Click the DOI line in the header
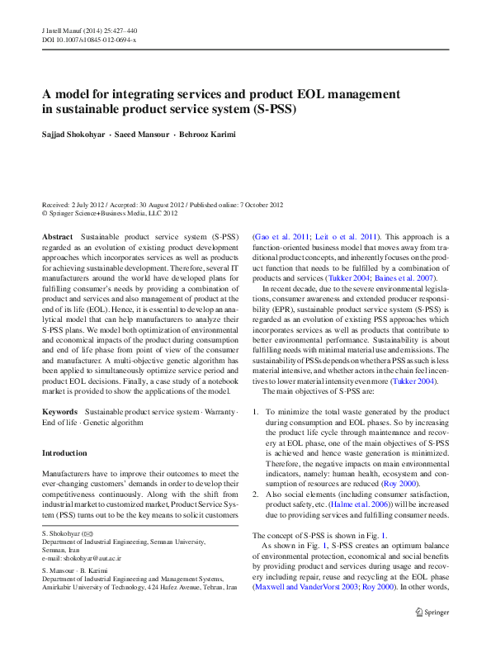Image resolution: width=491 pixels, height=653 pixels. (x=89, y=39)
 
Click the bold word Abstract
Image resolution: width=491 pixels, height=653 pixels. (x=57, y=236)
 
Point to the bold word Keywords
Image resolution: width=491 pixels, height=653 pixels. (x=60, y=411)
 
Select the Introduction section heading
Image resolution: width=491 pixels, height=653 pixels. (x=64, y=453)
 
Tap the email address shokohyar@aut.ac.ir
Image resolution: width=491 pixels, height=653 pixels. (x=90, y=559)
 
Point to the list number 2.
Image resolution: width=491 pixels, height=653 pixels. (x=256, y=493)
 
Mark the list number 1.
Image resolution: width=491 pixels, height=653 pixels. (x=256, y=412)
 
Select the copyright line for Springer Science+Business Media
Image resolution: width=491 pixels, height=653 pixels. (x=110, y=212)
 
